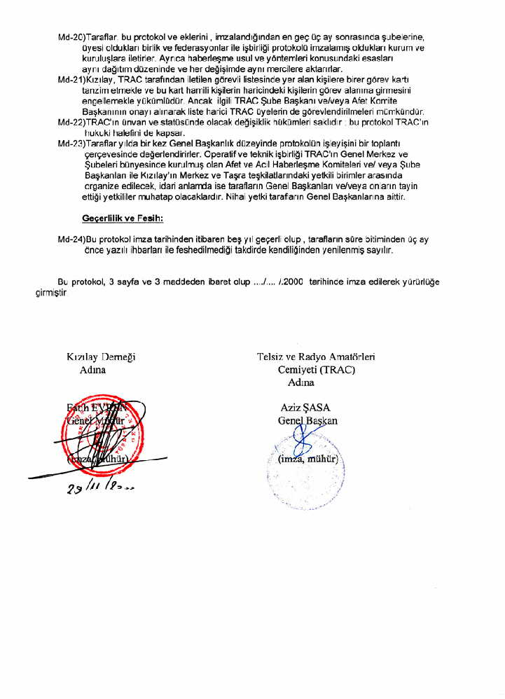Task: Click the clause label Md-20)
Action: click(x=71, y=36)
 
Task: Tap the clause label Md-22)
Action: click(x=71, y=123)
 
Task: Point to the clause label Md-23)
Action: click(x=71, y=143)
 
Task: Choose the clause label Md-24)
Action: click(x=71, y=239)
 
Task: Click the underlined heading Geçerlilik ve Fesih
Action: click(x=123, y=219)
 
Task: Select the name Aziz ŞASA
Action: click(x=305, y=408)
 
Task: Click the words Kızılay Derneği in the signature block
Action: click(x=101, y=357)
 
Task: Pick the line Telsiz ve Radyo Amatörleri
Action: click(x=316, y=357)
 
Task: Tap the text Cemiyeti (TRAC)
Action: click(x=316, y=369)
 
